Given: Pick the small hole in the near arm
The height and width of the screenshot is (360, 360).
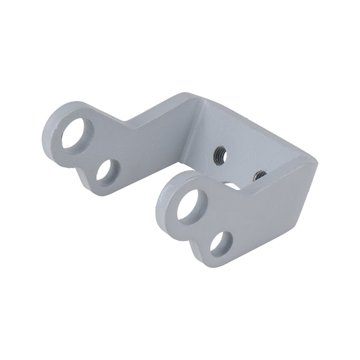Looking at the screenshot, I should pyautogui.click(x=221, y=242).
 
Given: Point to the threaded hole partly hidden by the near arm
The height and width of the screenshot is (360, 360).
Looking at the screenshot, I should pyautogui.click(x=259, y=176).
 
